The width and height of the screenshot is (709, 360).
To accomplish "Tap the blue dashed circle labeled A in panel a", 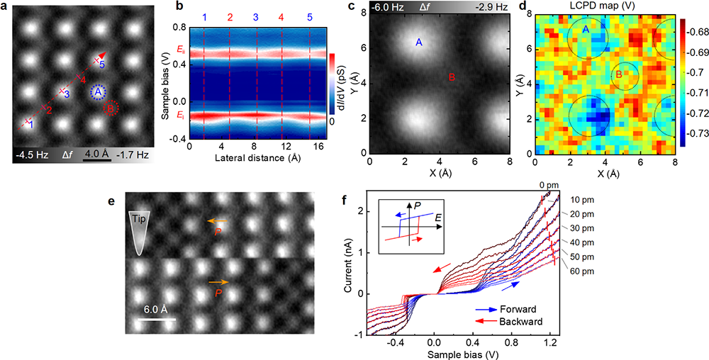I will point(98,92).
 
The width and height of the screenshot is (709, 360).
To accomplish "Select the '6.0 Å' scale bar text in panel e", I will point(155,309).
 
